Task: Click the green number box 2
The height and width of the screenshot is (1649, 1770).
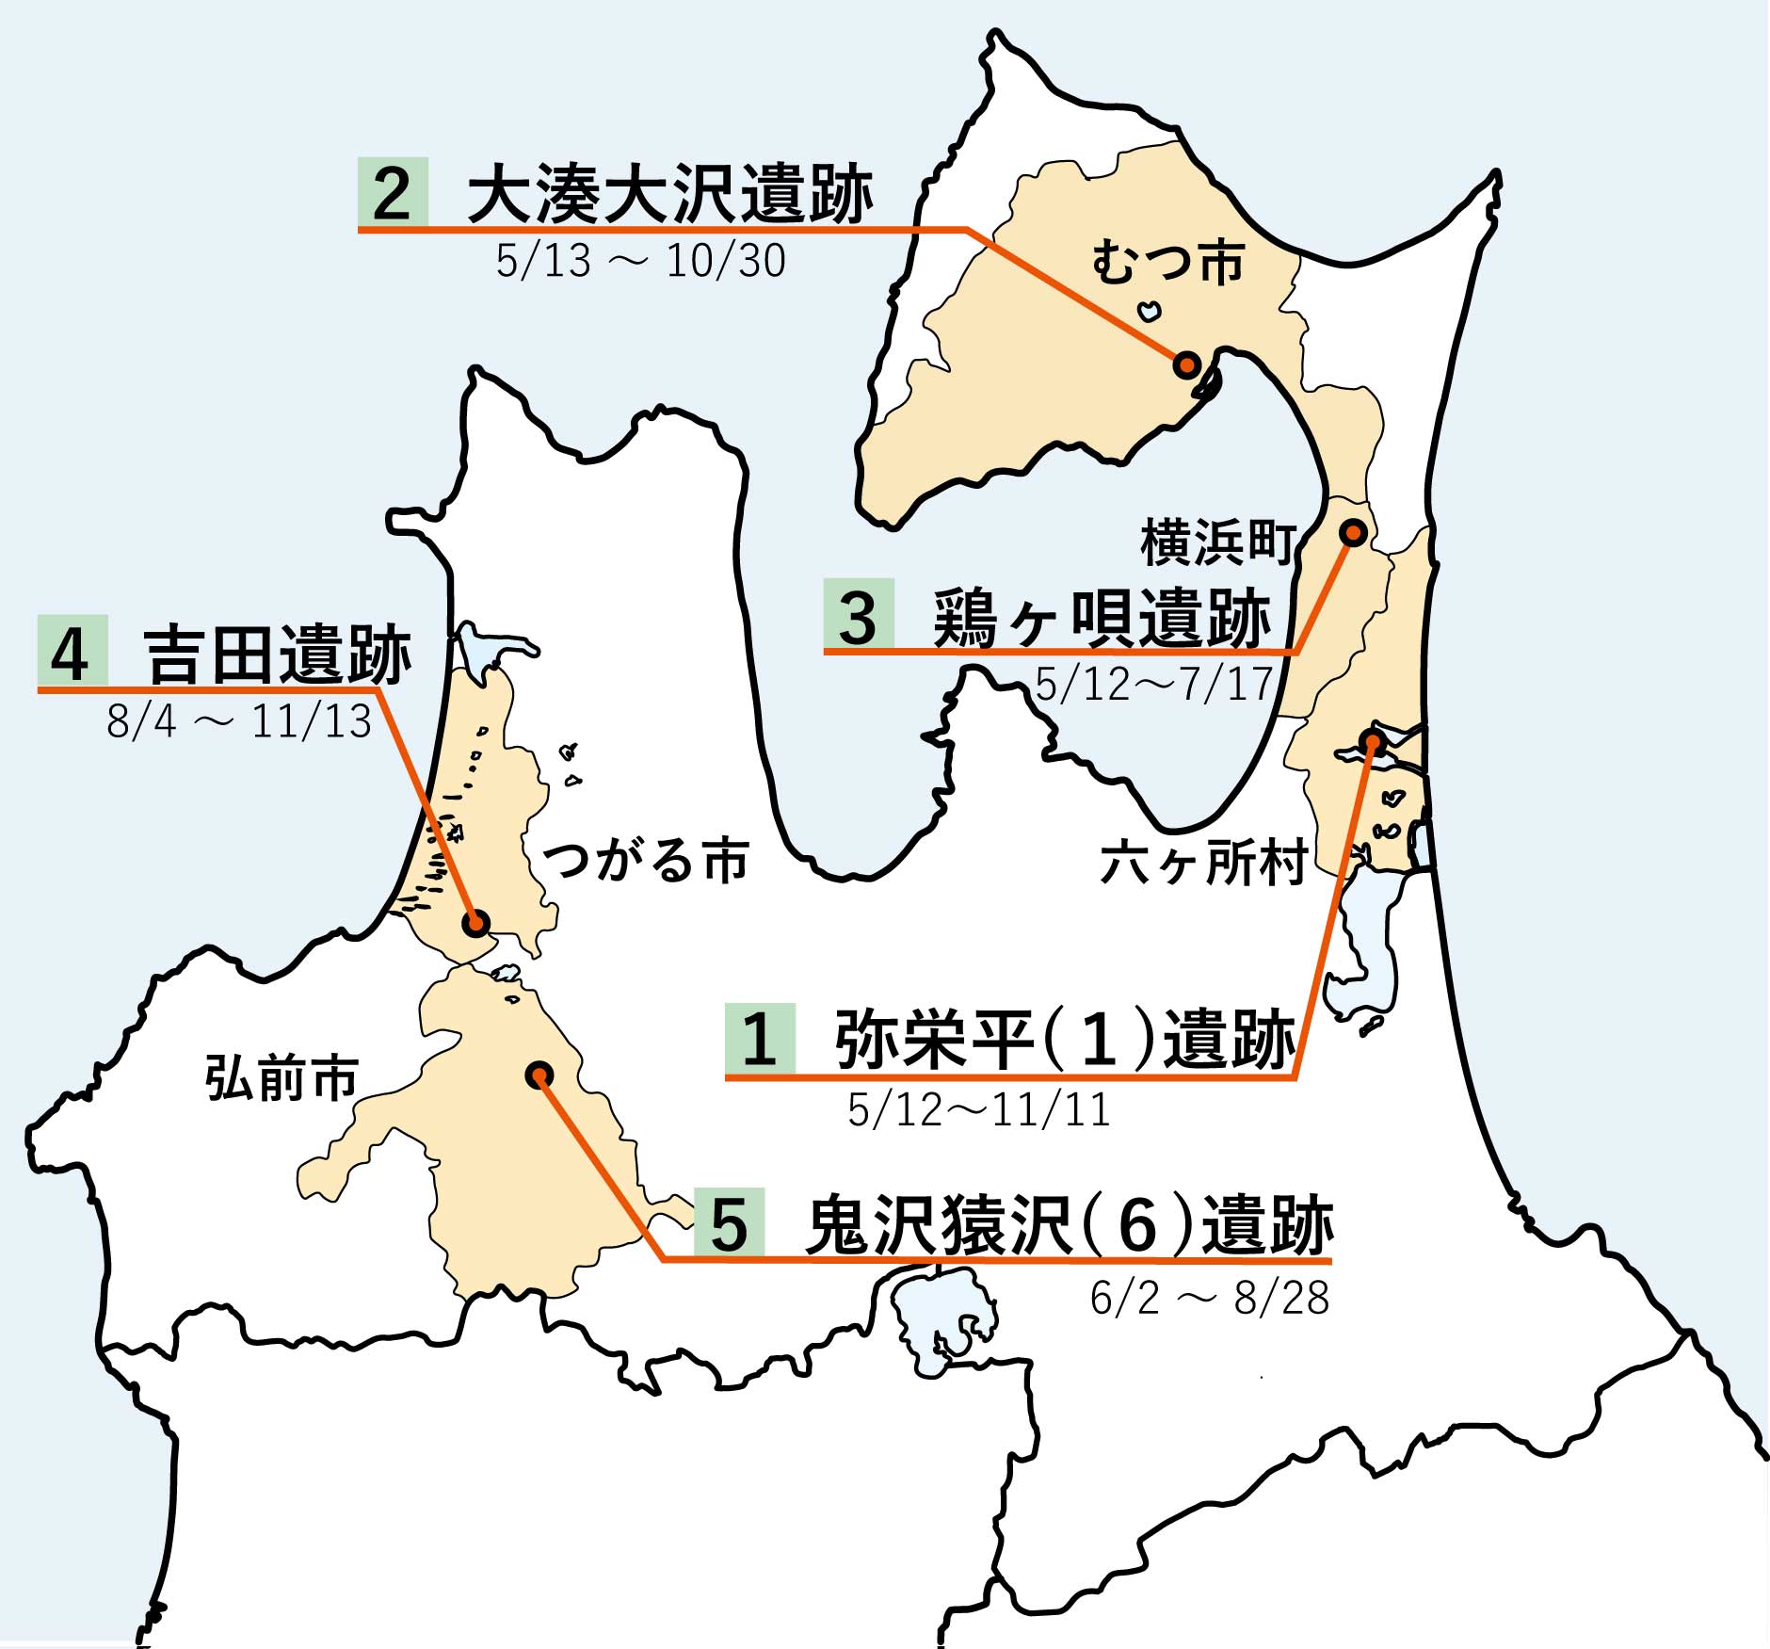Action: click(393, 193)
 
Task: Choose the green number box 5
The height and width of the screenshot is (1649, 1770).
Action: click(729, 1224)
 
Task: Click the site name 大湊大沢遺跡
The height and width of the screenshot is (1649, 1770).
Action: click(670, 195)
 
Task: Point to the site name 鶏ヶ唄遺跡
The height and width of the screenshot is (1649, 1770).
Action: click(1102, 618)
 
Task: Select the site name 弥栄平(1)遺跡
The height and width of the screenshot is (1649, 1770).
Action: click(1065, 1040)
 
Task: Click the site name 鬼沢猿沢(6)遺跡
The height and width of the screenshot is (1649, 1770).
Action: click(1070, 1226)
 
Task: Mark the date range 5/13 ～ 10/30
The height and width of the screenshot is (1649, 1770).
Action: click(640, 261)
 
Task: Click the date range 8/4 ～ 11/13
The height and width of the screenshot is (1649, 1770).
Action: click(239, 722)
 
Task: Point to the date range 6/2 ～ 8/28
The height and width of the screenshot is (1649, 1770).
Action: click(1209, 1299)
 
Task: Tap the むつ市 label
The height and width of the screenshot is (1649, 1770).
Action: click(1167, 263)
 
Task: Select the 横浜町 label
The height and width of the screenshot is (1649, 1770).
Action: click(1216, 543)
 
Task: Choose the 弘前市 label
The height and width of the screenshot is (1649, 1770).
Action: click(282, 1078)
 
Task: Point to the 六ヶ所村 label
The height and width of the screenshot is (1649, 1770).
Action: click(1203, 863)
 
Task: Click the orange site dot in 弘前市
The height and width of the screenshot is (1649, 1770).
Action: click(539, 1075)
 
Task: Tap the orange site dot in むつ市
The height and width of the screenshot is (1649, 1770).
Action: click(1186, 364)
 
